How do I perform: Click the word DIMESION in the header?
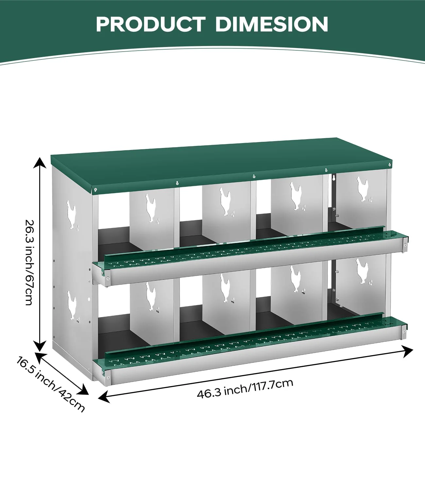[271, 24]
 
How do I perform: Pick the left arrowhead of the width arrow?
[104, 397]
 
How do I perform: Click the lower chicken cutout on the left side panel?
[72, 306]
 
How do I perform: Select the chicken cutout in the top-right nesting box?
[363, 189]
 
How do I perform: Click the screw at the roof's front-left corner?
[95, 189]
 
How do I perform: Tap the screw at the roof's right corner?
[389, 165]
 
